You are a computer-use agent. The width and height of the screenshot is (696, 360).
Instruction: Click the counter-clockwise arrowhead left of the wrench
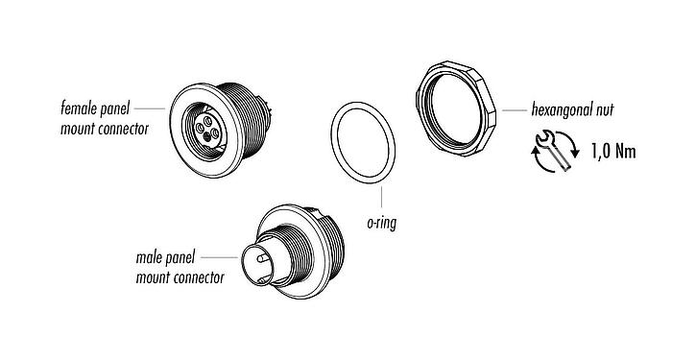(534, 145)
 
